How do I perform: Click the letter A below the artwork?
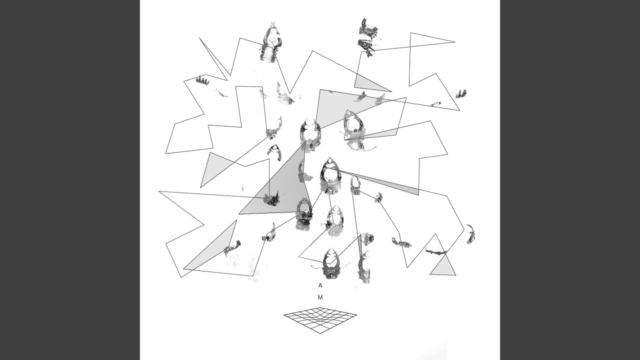click(x=320, y=285)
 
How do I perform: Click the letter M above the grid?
click(x=320, y=297)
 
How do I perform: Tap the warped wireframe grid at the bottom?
click(x=320, y=320)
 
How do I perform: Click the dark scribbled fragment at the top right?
click(x=368, y=37)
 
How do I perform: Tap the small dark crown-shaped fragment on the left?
click(x=202, y=80)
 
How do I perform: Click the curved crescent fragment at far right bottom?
click(x=471, y=234)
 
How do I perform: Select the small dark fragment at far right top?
click(x=461, y=93)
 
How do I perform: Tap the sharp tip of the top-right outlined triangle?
click(x=455, y=42)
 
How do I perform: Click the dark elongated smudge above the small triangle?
click(x=436, y=251)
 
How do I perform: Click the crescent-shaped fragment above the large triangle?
click(x=275, y=152)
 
